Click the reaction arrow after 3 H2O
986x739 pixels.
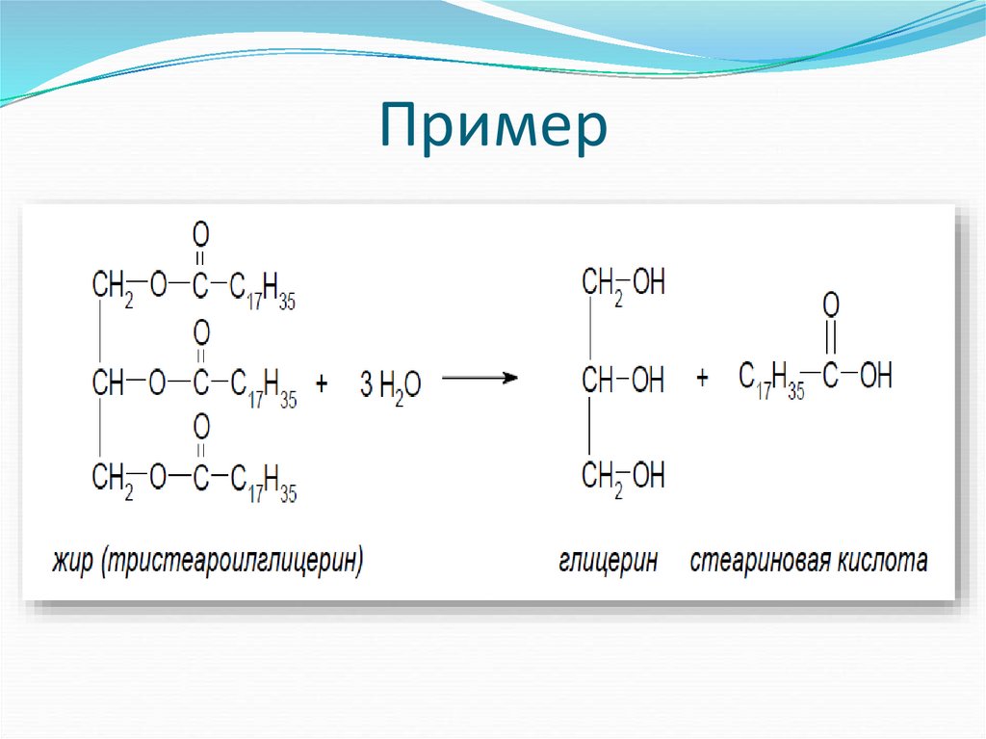(x=479, y=379)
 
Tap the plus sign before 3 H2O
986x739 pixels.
(x=322, y=383)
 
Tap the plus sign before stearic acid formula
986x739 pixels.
(x=702, y=378)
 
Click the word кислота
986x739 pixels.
(x=883, y=561)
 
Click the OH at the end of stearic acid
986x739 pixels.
(x=875, y=376)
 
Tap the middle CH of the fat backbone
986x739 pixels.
(x=108, y=383)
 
